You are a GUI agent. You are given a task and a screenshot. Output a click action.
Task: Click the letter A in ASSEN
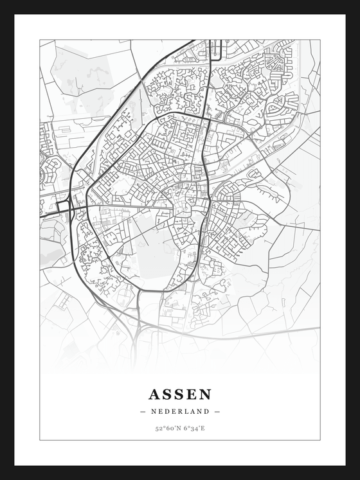point(155,393)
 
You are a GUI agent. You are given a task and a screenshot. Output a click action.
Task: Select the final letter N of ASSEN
point(204,393)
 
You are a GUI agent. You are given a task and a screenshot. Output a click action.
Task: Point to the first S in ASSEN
point(167,393)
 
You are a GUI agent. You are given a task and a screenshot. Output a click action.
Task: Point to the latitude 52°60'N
point(167,428)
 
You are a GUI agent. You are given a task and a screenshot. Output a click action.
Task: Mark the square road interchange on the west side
point(63,207)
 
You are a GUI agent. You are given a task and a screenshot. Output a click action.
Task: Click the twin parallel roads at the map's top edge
point(216,48)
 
